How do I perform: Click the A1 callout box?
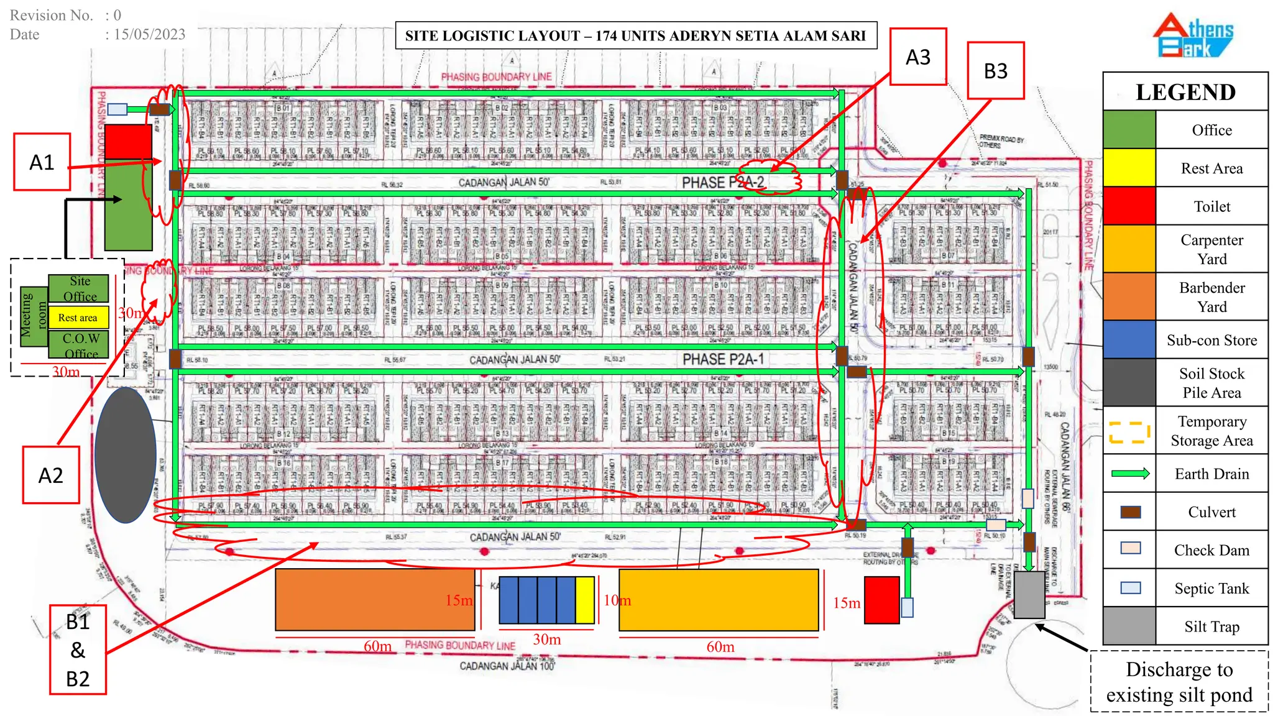[x=42, y=162]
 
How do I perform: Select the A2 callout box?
[x=51, y=475]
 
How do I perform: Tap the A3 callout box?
[x=917, y=57]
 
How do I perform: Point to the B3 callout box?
[x=995, y=70]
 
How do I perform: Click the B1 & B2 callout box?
[x=78, y=649]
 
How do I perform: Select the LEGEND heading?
[x=1185, y=92]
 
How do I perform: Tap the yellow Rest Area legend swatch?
[x=1129, y=168]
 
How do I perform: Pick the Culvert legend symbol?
[x=1130, y=512]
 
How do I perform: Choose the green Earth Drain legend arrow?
[x=1130, y=474]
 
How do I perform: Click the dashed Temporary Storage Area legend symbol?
[x=1129, y=431]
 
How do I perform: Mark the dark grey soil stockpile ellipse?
[x=125, y=455]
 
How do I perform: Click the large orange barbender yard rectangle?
[x=375, y=600]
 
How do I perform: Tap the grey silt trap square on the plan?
[x=1029, y=595]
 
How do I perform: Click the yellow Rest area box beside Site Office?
[x=78, y=318]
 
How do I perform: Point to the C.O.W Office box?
[x=79, y=345]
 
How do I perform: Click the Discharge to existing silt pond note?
[x=1179, y=681]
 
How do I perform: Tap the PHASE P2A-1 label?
[x=723, y=359]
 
